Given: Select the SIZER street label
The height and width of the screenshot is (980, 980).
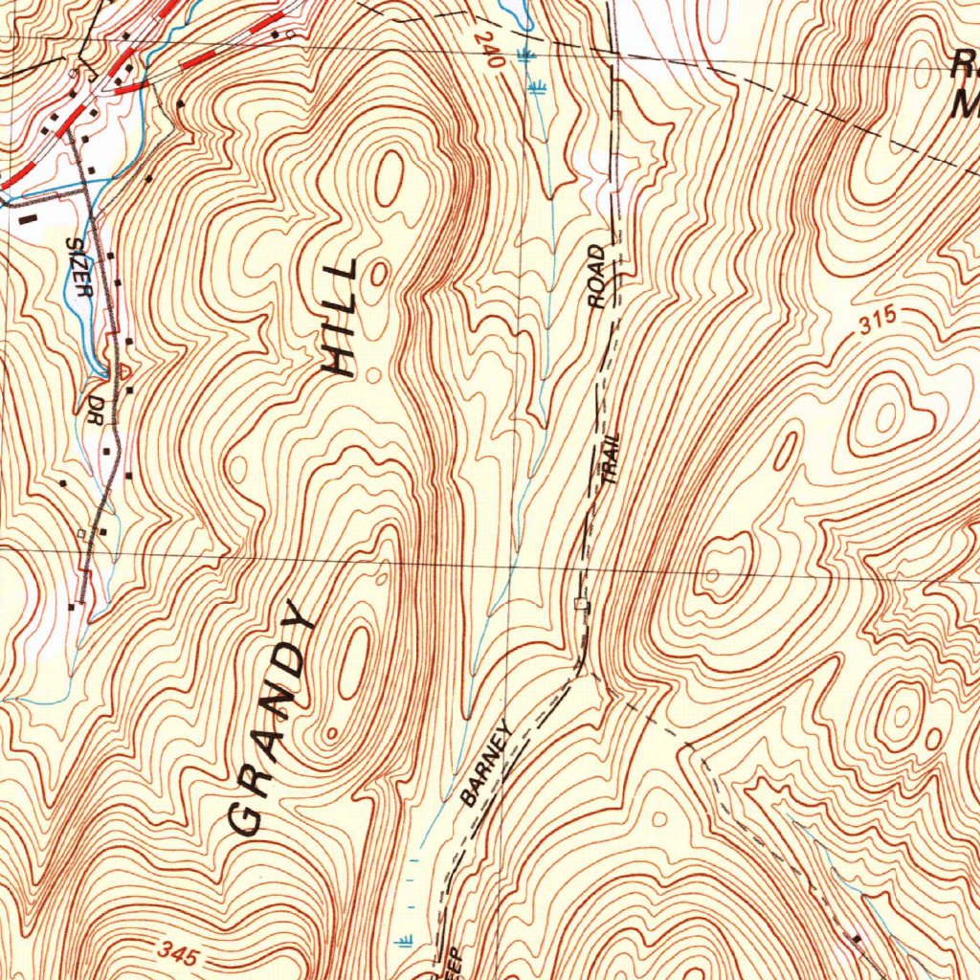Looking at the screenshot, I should coord(78,268).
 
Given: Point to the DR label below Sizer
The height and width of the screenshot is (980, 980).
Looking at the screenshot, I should coord(95,398).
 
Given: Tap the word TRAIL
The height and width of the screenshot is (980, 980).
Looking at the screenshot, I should coord(609,459).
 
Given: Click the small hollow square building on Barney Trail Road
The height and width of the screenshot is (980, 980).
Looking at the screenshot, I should coord(578,603).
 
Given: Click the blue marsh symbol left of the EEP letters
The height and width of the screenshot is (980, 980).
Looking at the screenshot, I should coord(405,940).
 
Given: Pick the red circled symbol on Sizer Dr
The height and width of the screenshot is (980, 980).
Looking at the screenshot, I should coord(123,369).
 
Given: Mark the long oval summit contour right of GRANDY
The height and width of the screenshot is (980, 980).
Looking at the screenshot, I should coord(353,661).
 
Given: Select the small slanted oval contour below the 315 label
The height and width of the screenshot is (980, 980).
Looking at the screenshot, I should coord(785,451).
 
